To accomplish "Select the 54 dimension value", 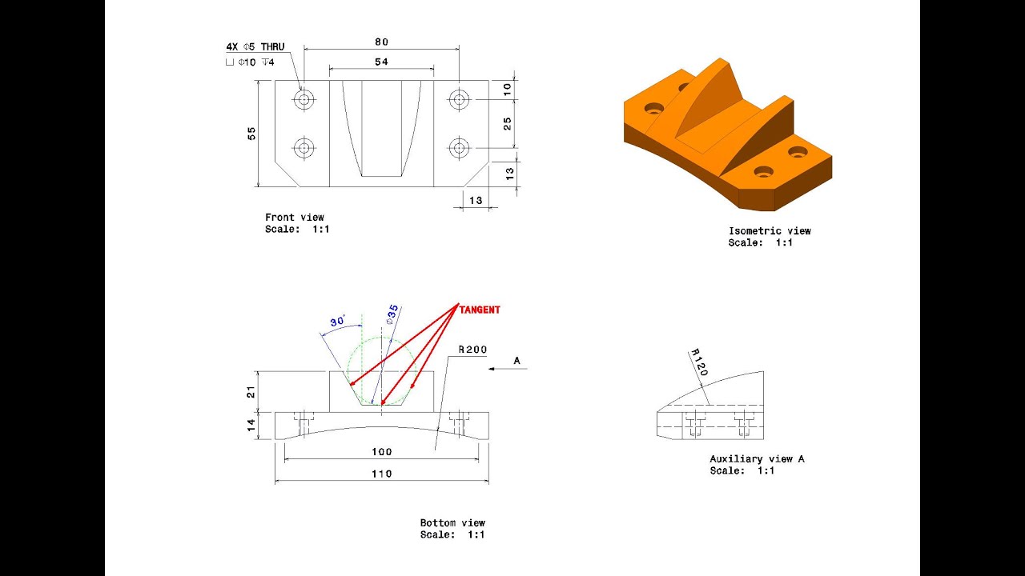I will click(x=381, y=62).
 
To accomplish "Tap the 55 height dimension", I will click(x=251, y=133).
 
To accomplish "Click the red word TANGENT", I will click(x=480, y=310).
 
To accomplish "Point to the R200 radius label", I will click(x=472, y=350).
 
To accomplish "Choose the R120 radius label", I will click(x=699, y=362).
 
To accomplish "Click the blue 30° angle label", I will click(x=337, y=321).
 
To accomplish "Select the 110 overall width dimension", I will click(x=381, y=474).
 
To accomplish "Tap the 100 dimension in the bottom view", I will click(x=381, y=452).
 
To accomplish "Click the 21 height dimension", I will click(x=250, y=391).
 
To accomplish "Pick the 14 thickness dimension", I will click(x=250, y=425).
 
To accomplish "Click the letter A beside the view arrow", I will click(x=517, y=361).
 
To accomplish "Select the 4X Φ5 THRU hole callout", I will click(x=255, y=47).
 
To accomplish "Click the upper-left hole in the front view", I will click(x=303, y=99).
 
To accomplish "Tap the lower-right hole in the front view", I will click(x=458, y=147).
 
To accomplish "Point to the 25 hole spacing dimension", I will click(x=508, y=123).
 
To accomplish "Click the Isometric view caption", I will click(x=769, y=231).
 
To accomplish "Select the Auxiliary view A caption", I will click(x=757, y=459).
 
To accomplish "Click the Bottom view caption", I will click(x=452, y=523).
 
